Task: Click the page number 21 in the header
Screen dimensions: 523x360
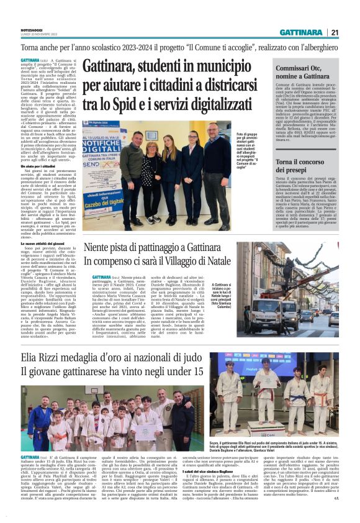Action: pyautogui.click(x=335, y=32)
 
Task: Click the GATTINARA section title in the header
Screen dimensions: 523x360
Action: pyautogui.click(x=301, y=32)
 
